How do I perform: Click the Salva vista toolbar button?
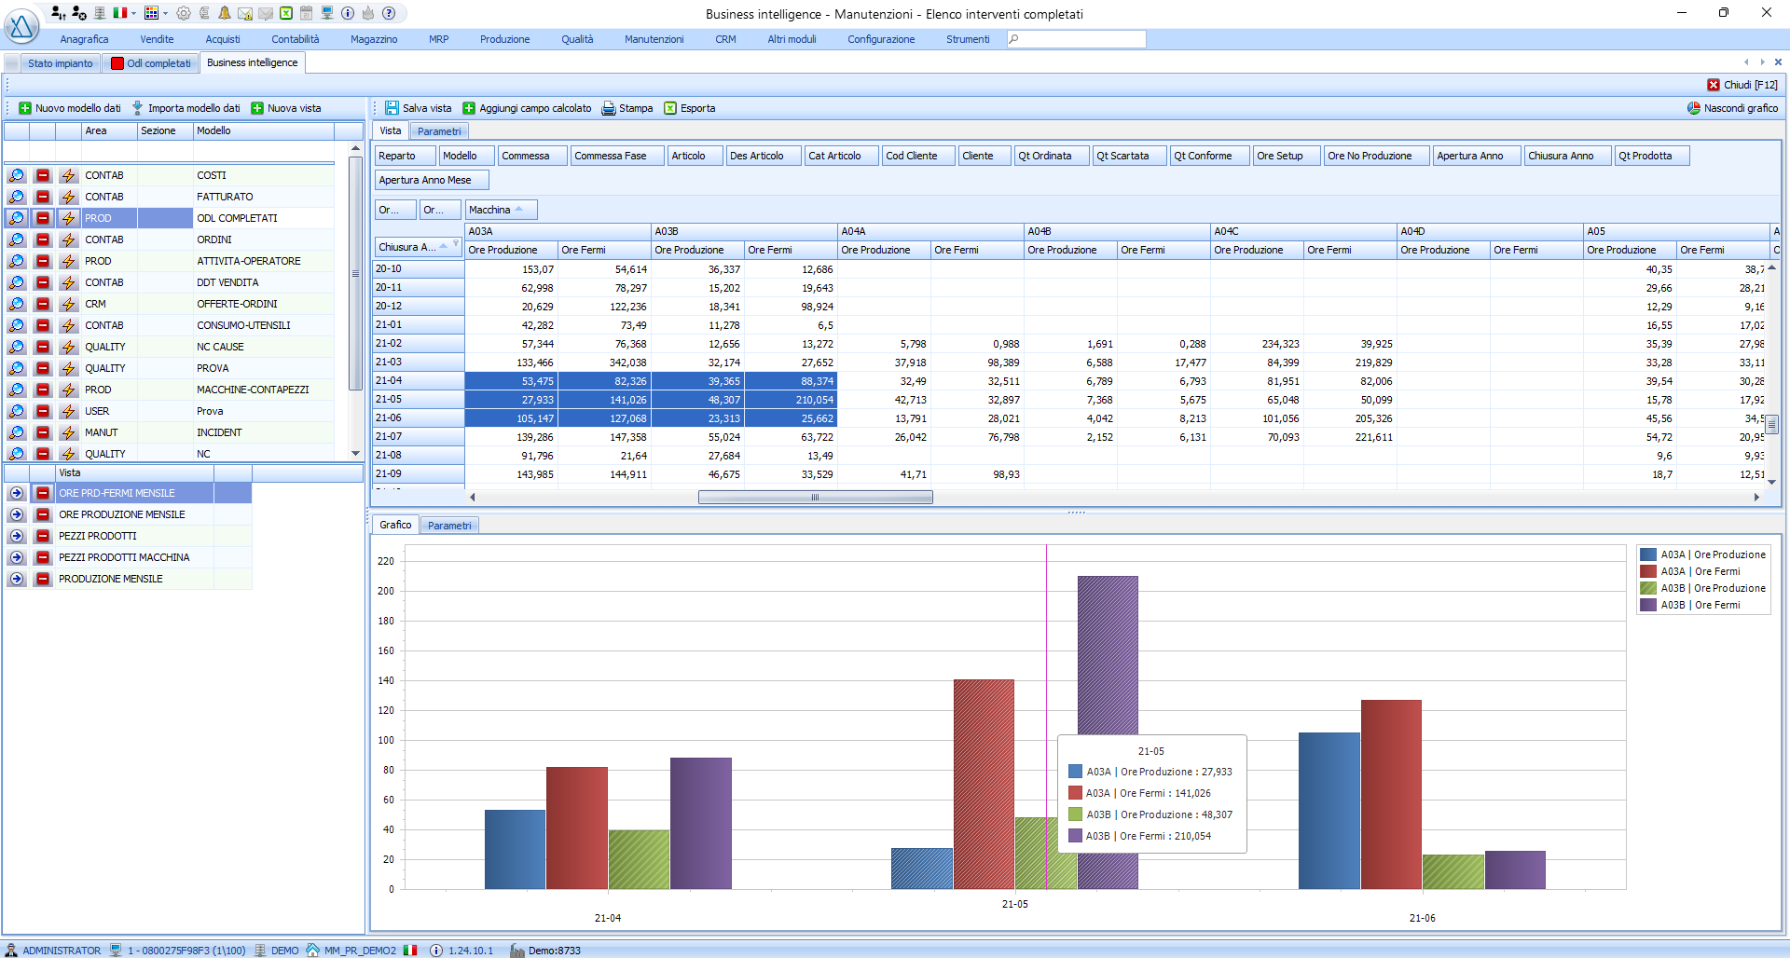click(x=419, y=108)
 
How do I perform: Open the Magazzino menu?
click(x=374, y=39)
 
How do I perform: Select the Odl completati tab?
click(x=151, y=63)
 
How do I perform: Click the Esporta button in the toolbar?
click(x=690, y=108)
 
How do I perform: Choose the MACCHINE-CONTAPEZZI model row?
click(x=253, y=390)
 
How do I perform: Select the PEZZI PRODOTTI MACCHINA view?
click(x=124, y=557)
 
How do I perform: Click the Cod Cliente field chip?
click(x=918, y=156)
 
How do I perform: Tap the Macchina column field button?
click(x=502, y=210)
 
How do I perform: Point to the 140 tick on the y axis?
click(x=386, y=680)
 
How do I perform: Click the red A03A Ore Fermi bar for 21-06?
click(x=1391, y=794)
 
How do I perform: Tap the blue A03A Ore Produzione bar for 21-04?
click(x=515, y=849)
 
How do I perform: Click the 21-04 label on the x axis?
click(x=608, y=918)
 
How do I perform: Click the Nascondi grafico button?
click(x=1732, y=108)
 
